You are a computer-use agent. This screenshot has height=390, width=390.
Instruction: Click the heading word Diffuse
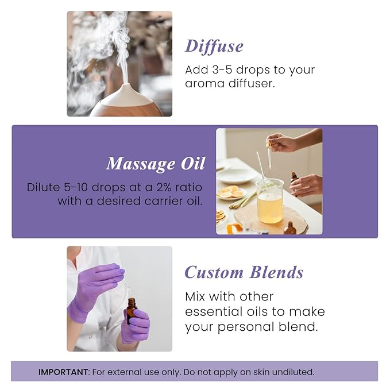point(214,46)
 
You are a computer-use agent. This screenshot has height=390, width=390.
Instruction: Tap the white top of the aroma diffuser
point(124,92)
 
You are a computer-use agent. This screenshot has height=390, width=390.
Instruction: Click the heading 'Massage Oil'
point(155,164)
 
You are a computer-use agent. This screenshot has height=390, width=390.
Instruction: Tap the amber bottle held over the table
point(294,177)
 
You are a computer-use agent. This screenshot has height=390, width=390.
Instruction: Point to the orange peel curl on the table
point(234,228)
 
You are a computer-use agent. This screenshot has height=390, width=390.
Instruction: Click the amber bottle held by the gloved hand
point(132,310)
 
